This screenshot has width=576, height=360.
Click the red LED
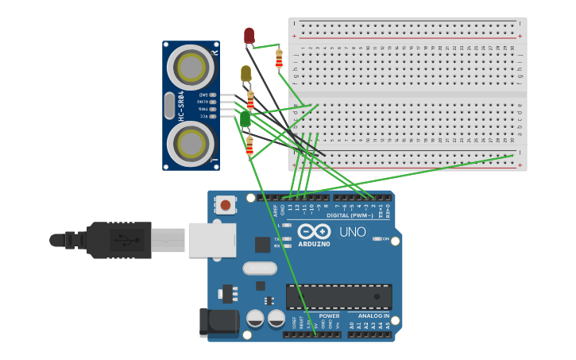coord(249,36)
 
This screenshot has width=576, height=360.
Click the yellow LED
coord(245,74)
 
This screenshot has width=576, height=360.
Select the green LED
coord(245,118)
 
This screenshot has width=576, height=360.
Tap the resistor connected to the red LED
coord(279,58)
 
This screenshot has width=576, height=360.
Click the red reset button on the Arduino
coord(226,205)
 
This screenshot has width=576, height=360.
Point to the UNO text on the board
coord(352,232)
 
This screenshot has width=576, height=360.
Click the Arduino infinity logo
coord(314,231)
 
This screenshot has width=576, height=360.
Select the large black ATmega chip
coord(338,296)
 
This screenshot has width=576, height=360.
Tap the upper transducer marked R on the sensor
coord(191,68)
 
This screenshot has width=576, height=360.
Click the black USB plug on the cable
coord(119,239)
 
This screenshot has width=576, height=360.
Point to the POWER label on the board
coord(329,315)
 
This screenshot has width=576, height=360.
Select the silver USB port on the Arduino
coord(212,239)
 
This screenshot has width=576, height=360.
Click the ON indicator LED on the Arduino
coord(377,238)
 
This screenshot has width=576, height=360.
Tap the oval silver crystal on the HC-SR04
coord(168,106)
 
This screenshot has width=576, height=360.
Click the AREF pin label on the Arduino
coord(276,211)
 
